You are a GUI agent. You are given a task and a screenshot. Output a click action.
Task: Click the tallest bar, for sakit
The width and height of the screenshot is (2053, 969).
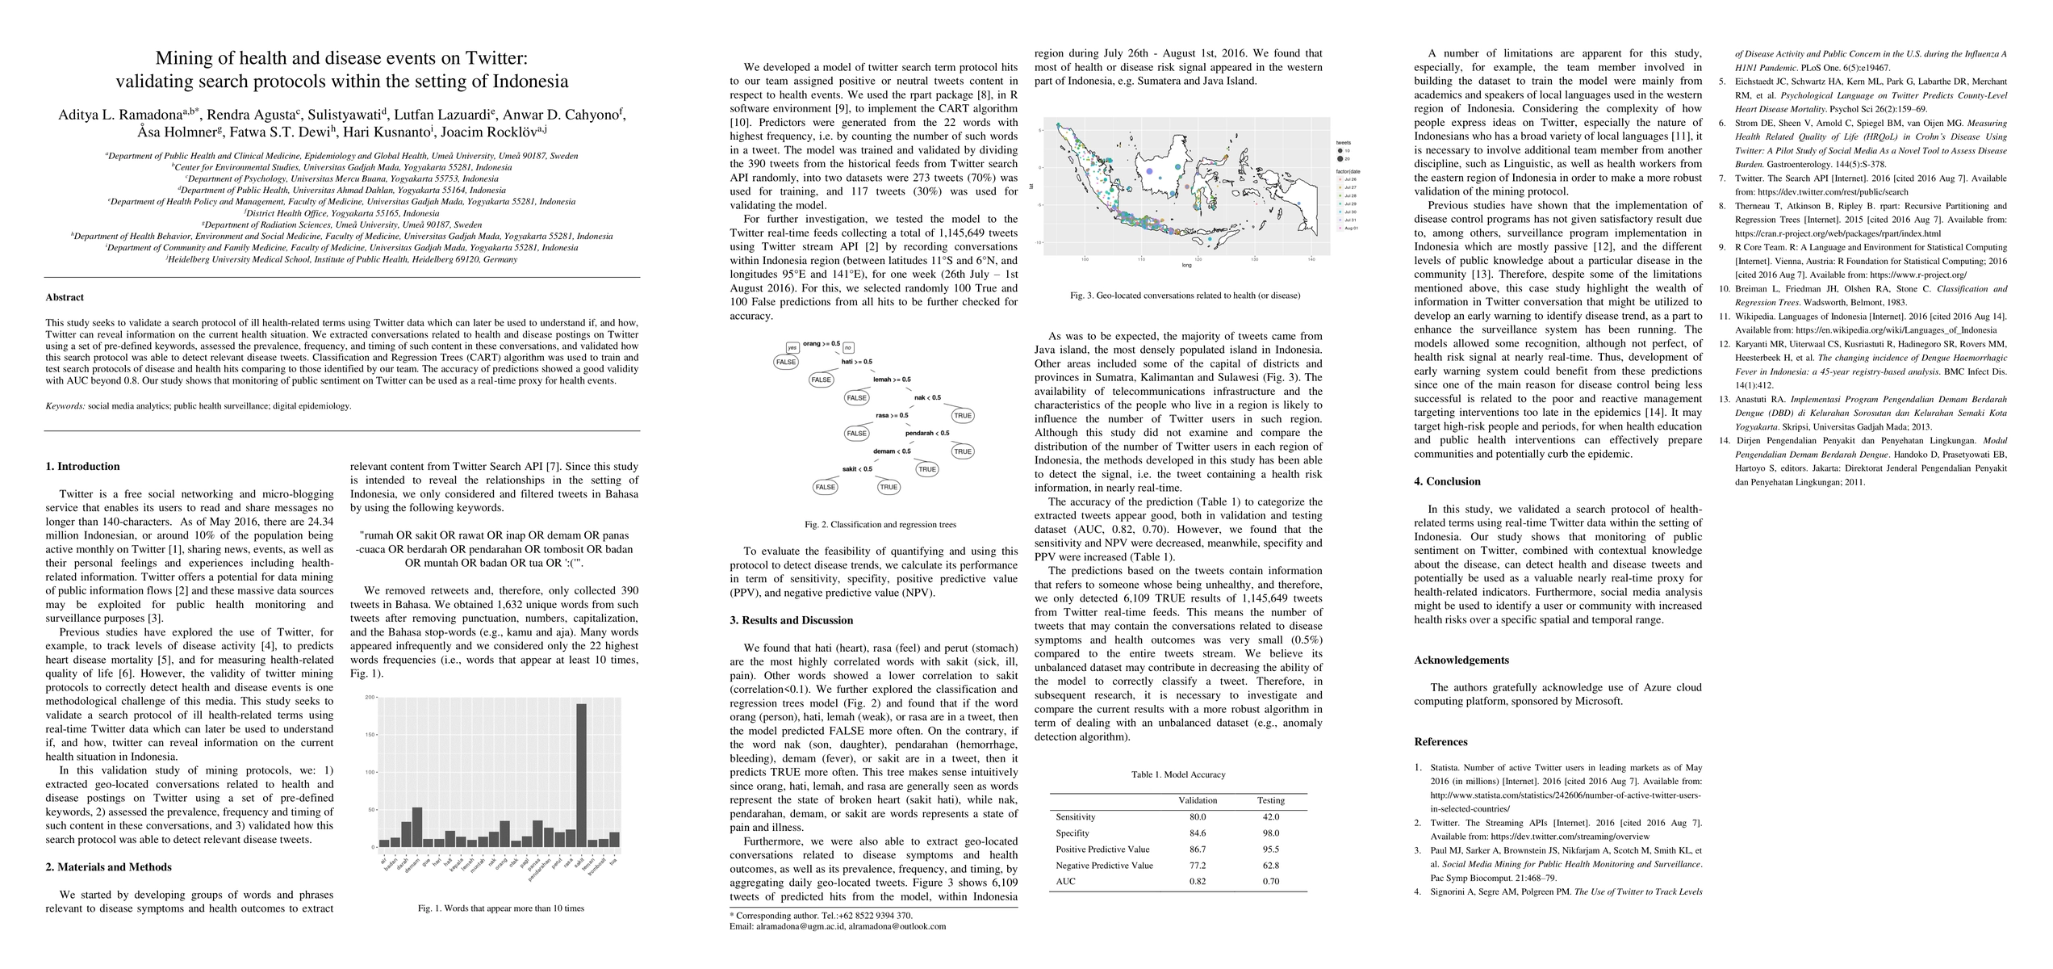click(x=581, y=775)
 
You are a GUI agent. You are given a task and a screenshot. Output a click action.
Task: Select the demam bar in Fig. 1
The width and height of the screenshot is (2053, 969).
click(x=416, y=827)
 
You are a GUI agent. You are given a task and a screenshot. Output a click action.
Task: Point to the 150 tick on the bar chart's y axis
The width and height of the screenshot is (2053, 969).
click(x=370, y=735)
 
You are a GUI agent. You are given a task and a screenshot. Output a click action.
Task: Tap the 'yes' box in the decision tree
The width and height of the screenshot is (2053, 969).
click(x=792, y=347)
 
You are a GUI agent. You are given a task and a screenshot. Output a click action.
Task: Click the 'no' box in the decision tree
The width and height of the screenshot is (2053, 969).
click(x=847, y=348)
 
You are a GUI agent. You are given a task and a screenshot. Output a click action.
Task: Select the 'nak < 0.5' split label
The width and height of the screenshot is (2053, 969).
click(x=927, y=397)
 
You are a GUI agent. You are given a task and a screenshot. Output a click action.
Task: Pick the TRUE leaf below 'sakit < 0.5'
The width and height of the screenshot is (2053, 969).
click(x=889, y=487)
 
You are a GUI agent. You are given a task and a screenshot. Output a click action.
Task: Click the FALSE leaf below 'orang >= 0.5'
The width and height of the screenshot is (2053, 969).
click(x=785, y=362)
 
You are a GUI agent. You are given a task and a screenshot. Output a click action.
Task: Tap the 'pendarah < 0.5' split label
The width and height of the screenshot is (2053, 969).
click(x=926, y=433)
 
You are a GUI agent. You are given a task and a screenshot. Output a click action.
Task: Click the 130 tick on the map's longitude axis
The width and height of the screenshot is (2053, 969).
click(x=1255, y=259)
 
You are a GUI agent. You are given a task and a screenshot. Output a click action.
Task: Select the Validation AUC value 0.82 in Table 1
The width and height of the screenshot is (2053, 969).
click(x=1198, y=881)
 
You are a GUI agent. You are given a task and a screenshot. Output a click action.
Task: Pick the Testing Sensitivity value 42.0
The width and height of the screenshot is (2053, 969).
click(x=1271, y=816)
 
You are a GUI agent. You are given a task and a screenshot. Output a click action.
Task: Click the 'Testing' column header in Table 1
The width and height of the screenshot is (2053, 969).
click(x=1271, y=800)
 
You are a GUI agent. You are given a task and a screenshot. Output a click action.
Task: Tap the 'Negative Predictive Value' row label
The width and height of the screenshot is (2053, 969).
click(x=1104, y=865)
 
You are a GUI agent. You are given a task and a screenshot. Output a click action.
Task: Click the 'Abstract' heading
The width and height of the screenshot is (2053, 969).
click(x=65, y=297)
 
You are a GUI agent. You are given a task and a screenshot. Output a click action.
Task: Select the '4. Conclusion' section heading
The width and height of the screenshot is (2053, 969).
click(x=1447, y=481)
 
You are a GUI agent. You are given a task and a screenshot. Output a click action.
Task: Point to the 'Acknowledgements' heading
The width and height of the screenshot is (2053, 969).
click(x=1461, y=660)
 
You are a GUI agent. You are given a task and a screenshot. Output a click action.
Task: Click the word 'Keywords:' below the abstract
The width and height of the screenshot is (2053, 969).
click(x=65, y=406)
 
